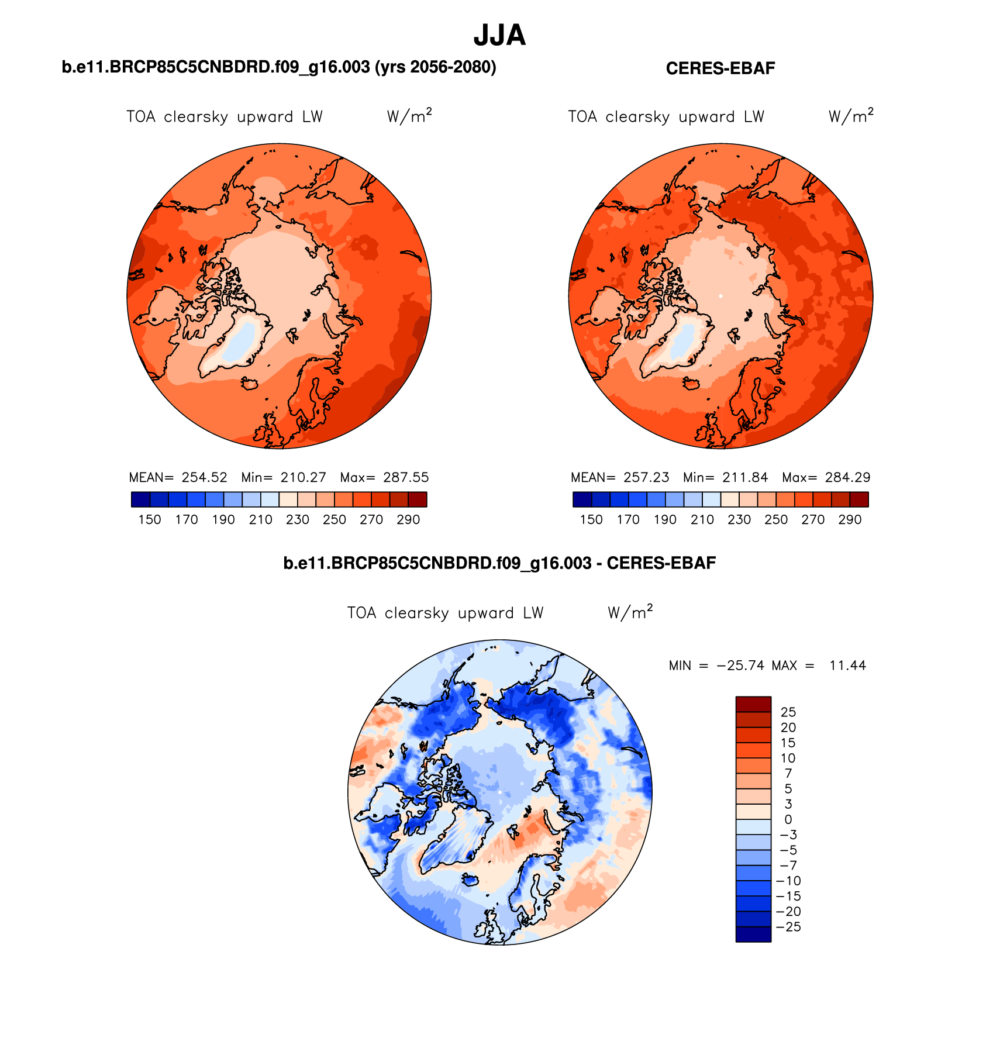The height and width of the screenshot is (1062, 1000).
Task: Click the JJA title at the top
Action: coord(499,36)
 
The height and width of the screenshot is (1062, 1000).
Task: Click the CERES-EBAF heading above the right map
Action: coord(720,68)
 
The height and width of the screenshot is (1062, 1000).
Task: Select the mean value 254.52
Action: coord(204,477)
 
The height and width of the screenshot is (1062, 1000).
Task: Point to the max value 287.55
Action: coord(406,477)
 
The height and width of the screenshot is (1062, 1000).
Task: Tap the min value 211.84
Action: coord(745,477)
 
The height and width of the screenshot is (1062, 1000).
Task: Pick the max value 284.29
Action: coord(847,477)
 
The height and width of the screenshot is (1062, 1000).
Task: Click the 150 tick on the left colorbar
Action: coord(150,519)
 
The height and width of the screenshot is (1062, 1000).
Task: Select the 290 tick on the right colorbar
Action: coord(850,519)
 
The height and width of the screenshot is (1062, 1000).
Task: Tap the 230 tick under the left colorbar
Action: coord(298,519)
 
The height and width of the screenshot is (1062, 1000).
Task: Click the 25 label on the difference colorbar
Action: coord(788,712)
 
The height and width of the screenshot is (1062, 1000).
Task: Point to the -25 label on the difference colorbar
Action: coord(788,927)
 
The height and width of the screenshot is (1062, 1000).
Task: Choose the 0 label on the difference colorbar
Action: coord(788,819)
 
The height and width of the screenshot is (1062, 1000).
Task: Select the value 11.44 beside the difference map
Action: coord(847,666)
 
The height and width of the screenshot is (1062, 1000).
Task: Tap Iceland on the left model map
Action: coord(250,383)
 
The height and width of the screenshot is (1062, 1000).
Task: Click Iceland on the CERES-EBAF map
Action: coord(692,383)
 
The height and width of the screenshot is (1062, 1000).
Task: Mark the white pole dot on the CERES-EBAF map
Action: coord(720,296)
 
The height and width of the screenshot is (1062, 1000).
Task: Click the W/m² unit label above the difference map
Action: coord(630,612)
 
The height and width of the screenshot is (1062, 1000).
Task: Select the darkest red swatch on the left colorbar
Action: coord(418,499)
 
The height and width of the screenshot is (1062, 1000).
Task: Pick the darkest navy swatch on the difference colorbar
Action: coord(753,934)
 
